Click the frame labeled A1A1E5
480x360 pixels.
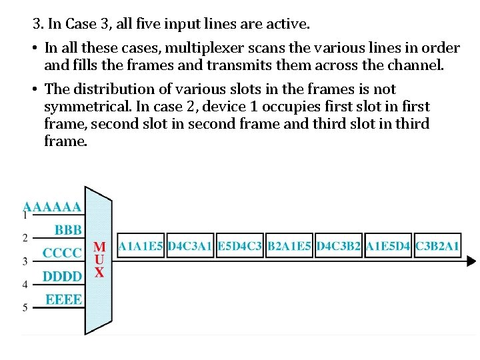[x=141, y=246]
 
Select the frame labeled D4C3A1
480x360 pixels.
[x=190, y=246]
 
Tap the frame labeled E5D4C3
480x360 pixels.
[x=240, y=246]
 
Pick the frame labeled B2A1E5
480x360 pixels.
[x=289, y=246]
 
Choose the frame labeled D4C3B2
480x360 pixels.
[x=339, y=246]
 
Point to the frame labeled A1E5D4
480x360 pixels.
[x=388, y=246]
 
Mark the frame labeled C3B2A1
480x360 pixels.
[x=437, y=246]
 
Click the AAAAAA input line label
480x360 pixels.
[x=53, y=207]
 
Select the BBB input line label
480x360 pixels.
[x=68, y=230]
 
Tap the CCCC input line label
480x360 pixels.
[x=62, y=253]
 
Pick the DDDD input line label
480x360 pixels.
[x=62, y=276]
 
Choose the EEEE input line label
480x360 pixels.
[x=63, y=299]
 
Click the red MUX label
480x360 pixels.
[x=99, y=259]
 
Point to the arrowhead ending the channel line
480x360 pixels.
[x=471, y=261]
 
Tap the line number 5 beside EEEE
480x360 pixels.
[x=25, y=307]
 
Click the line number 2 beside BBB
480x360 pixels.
[x=25, y=237]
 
